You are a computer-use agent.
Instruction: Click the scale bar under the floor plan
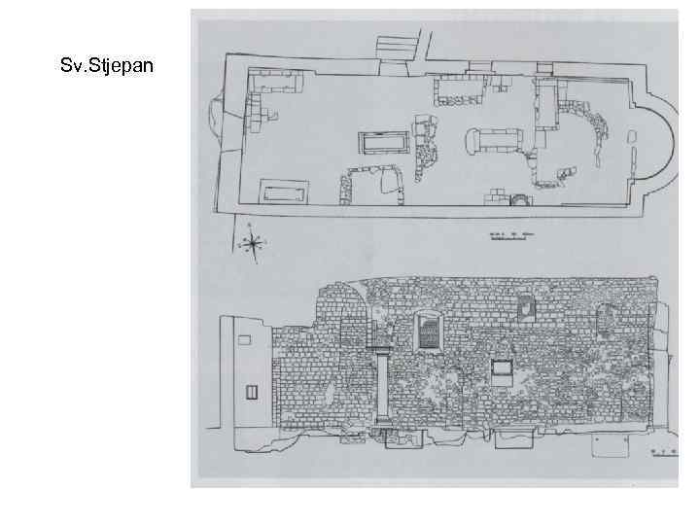coord(511,234)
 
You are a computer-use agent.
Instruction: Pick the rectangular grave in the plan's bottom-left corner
coord(283,189)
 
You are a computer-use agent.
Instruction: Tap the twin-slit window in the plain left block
coord(252,393)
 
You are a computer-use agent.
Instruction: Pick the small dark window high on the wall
coord(527,308)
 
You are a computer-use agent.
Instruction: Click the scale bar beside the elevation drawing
coord(664,453)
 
